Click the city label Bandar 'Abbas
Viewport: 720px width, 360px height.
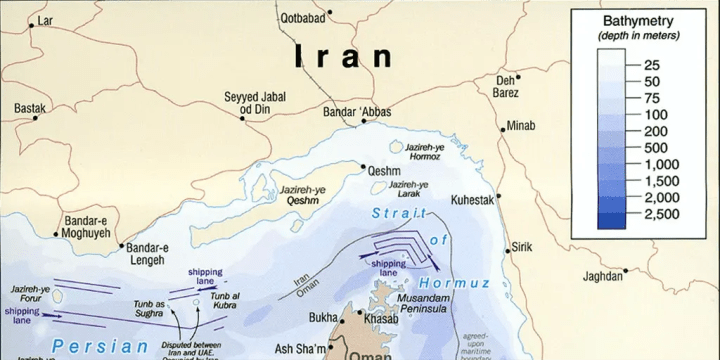pos(357,111)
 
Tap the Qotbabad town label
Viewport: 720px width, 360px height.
pos(307,17)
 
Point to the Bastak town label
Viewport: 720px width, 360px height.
pos(31,107)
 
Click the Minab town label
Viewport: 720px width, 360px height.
pos(521,127)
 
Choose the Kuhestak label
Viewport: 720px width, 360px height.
pos(473,199)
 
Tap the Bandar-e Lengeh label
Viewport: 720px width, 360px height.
pos(146,254)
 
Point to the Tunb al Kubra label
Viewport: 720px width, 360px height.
pos(225,301)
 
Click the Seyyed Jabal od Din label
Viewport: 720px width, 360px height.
pos(254,103)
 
